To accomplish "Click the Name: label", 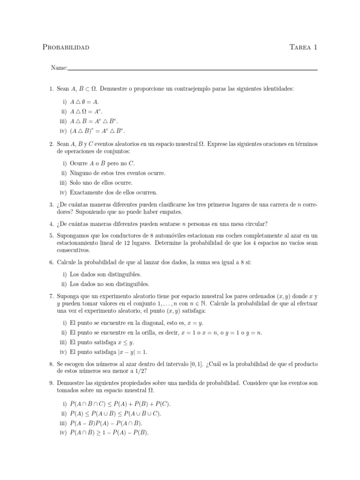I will (59, 68).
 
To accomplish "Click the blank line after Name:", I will (192, 69).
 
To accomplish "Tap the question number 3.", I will (51, 204).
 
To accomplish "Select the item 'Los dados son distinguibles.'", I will (105, 274).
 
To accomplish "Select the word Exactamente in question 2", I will (87, 192).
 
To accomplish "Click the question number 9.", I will (51, 382).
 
